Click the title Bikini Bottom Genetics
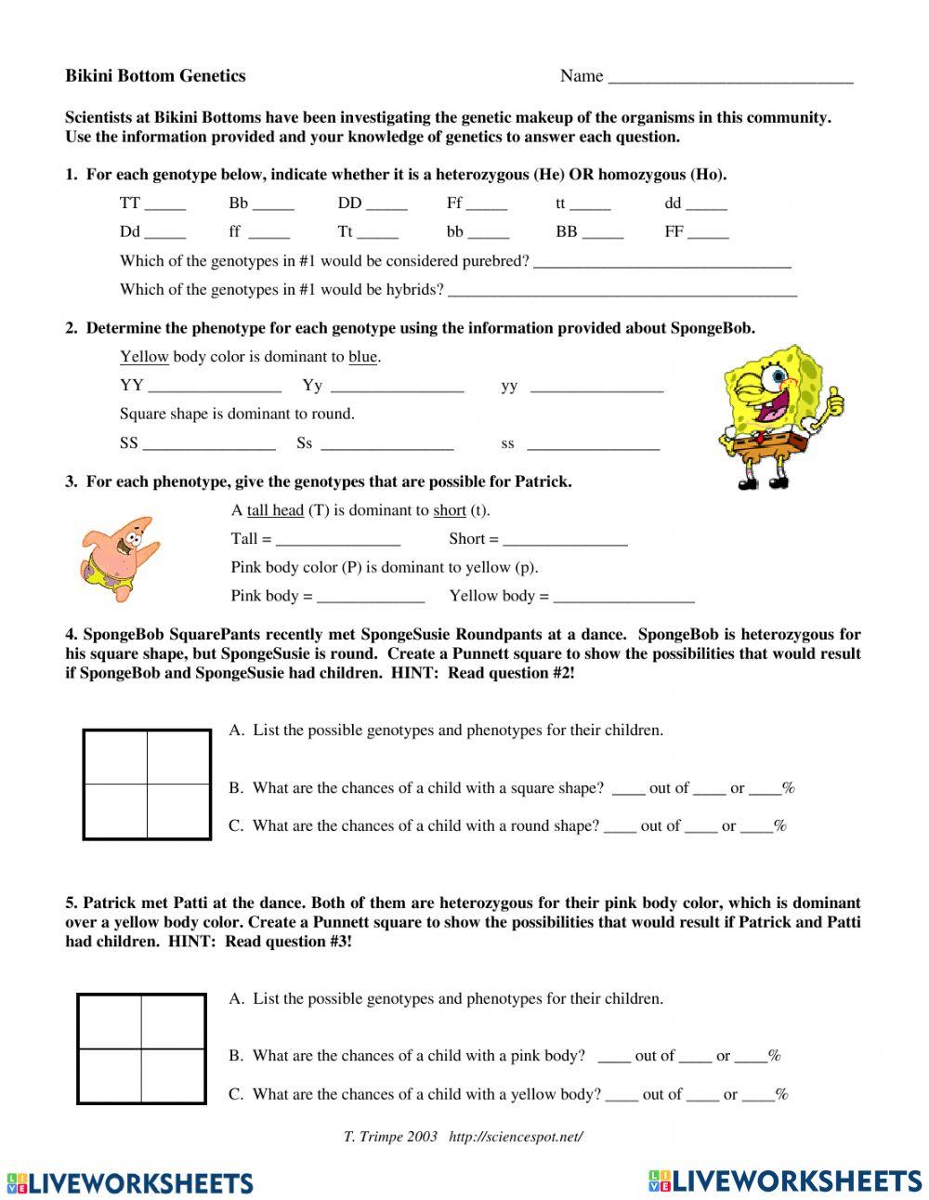coord(155,76)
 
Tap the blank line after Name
coord(730,78)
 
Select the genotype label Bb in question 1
coord(239,204)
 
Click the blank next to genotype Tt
coord(377,233)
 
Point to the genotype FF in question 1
coord(674,232)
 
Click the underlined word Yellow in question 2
coord(144,357)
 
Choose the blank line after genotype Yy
coord(397,388)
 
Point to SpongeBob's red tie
coord(757,436)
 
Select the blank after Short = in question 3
coord(565,541)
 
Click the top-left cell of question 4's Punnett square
coord(116,758)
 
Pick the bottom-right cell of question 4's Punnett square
coord(178,811)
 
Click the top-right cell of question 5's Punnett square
coord(173,1022)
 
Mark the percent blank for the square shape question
coord(765,790)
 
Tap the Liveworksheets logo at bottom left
coord(129,1182)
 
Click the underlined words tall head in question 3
coord(275,510)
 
